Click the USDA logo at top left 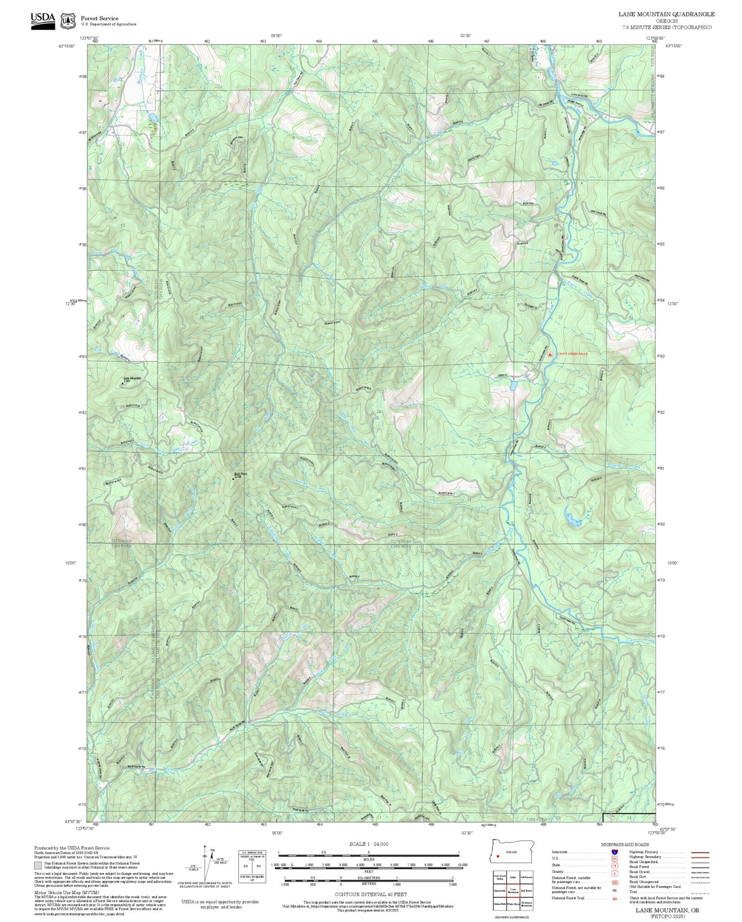[43, 21]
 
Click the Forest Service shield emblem [68, 21]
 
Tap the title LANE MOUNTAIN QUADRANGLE [666, 14]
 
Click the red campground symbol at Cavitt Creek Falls [550, 354]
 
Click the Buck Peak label [237, 474]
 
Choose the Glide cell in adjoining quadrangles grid [513, 877]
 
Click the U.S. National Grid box [252, 866]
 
